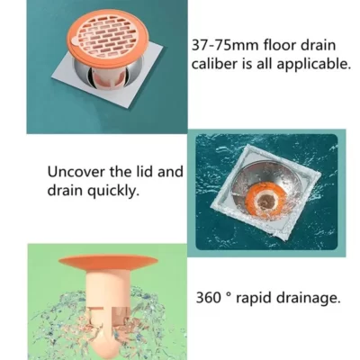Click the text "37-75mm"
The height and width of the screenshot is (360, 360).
point(225,46)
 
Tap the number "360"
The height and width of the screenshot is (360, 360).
point(208,298)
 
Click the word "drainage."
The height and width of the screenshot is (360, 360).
point(308,299)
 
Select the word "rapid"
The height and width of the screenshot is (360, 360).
point(253,299)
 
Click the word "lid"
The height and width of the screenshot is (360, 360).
point(146,172)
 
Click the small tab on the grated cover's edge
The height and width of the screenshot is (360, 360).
point(75,41)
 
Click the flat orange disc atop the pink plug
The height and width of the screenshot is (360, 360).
point(108,262)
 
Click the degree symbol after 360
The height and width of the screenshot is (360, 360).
point(229,294)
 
